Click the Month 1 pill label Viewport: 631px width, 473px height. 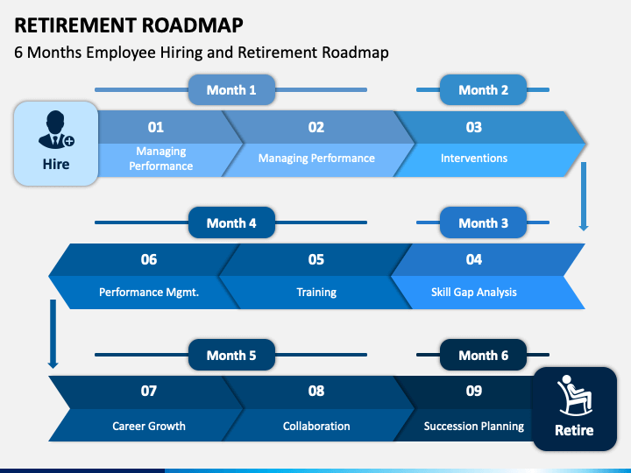pos(231,90)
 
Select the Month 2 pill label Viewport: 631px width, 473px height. pos(483,90)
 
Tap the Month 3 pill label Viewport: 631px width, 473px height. pos(483,223)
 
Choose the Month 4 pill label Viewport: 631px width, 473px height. pos(231,223)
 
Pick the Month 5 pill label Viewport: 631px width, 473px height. pos(231,356)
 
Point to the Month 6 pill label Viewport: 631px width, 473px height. pos(483,356)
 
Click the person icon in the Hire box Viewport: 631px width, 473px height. pos(55,129)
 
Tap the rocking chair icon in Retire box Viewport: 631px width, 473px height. pos(574,395)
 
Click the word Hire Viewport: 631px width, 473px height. pos(56,164)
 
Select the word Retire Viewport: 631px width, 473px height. pos(574,430)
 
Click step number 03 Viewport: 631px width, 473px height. pos(473,127)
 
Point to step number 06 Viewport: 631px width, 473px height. pos(149,259)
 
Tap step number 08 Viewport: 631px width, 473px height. pos(316,391)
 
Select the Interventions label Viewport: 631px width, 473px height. pos(473,159)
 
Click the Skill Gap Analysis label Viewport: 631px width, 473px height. pos(473,292)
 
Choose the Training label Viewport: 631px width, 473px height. pos(316,292)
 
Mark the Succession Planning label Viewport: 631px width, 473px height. pos(473,427)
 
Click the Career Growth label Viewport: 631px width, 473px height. pos(149,427)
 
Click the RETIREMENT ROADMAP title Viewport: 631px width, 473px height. pos(129,25)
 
